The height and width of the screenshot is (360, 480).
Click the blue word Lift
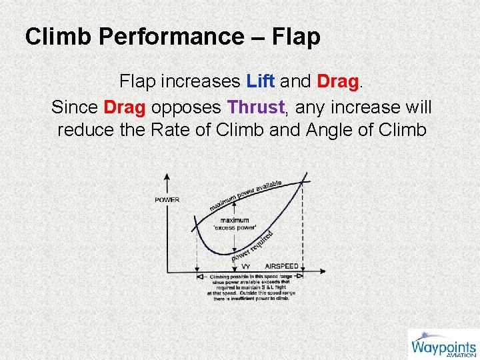(x=261, y=82)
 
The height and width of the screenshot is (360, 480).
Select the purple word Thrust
(x=255, y=107)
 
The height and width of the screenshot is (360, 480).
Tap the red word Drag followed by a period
(x=338, y=82)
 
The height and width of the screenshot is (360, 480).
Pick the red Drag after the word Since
(x=125, y=107)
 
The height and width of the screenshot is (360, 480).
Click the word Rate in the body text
(x=177, y=130)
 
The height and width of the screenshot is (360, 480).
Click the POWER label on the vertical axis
(x=167, y=199)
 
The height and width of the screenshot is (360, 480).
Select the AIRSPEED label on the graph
(x=282, y=265)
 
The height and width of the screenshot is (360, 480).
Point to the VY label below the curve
(x=246, y=266)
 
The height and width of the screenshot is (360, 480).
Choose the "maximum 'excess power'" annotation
(x=235, y=223)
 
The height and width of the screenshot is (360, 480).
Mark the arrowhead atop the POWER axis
(x=167, y=176)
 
